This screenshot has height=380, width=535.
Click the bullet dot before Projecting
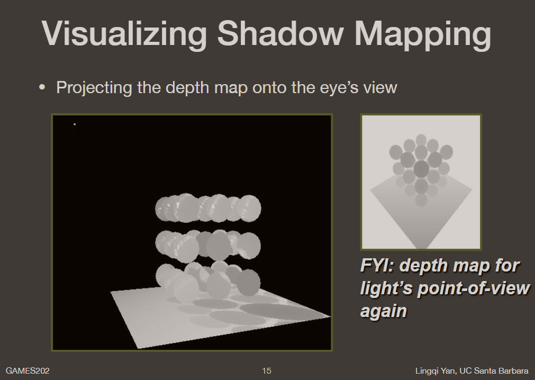pos(42,87)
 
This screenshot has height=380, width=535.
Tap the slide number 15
pos(267,370)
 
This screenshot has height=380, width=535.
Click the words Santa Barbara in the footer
pos(503,370)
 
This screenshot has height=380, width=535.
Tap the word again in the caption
pos(384,310)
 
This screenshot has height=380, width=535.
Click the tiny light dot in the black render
pos(75,124)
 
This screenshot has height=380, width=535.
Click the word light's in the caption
pos(386,288)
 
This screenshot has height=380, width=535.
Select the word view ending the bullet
pos(379,87)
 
